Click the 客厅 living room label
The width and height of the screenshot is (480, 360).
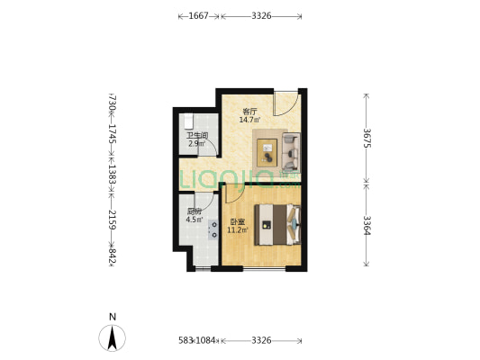tap(249, 112)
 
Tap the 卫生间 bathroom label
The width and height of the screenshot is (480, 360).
tap(197, 136)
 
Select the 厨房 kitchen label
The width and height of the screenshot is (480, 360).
tap(195, 211)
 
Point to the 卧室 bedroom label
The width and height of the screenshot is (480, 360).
tap(237, 222)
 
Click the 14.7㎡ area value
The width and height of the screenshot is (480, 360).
tap(249, 120)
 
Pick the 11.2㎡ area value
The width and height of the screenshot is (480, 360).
tap(237, 230)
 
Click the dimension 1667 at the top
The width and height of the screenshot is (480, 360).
tap(198, 16)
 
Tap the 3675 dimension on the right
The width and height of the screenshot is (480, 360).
tap(367, 138)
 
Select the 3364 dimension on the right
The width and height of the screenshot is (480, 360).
tap(367, 225)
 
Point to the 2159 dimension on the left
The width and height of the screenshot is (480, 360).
tap(112, 220)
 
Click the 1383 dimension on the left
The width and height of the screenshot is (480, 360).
tap(112, 175)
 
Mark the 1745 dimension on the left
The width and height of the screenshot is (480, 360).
tap(112, 133)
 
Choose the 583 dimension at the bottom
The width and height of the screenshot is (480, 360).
tap(186, 340)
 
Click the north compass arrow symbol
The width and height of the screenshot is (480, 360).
tap(112, 338)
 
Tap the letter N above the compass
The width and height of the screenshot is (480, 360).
tap(113, 317)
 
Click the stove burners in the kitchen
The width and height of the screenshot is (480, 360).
tap(213, 229)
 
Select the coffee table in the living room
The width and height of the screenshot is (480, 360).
tap(267, 153)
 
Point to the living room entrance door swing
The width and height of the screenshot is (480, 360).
tap(285, 103)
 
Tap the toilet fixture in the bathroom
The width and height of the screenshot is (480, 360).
tap(188, 121)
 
